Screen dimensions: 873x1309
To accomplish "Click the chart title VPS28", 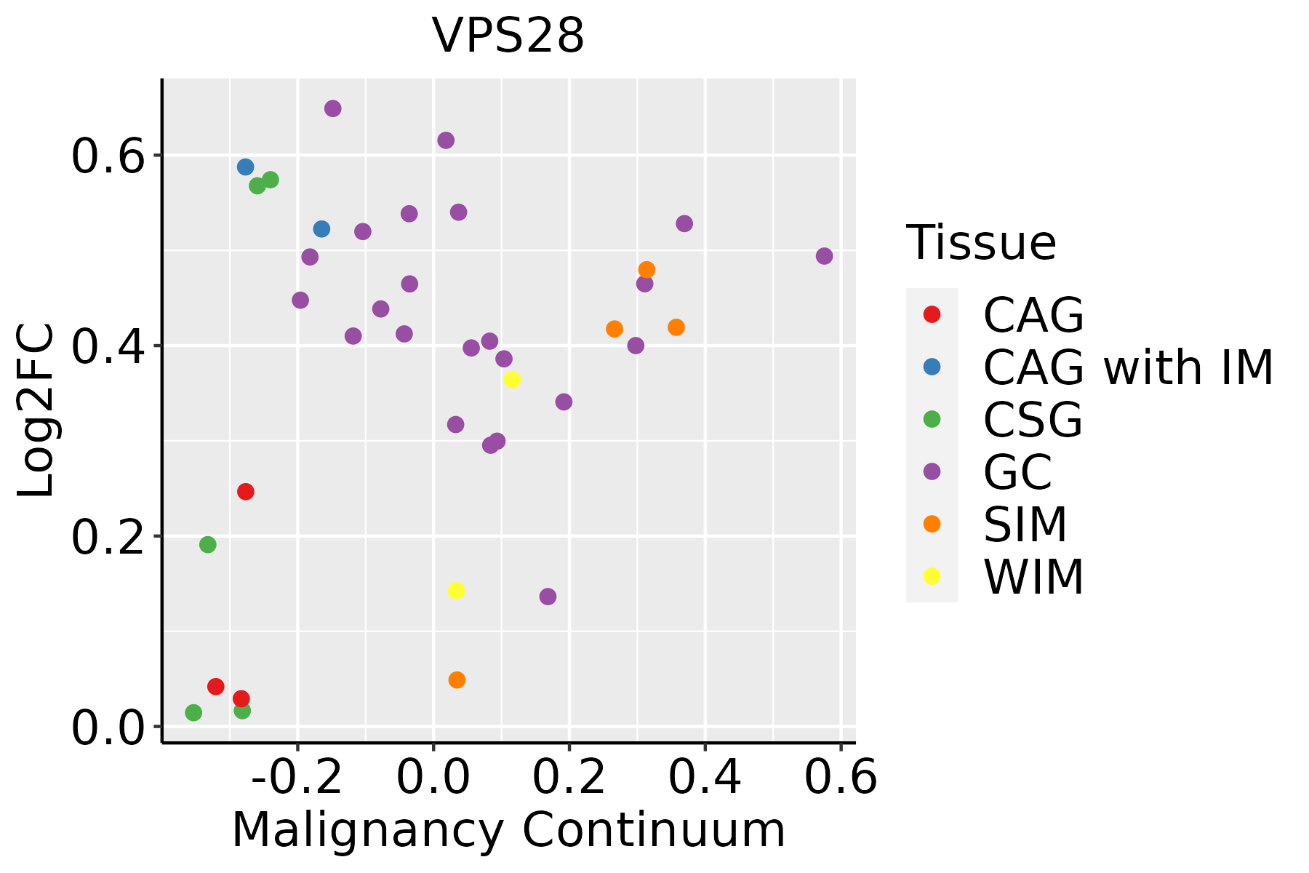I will pos(508,36).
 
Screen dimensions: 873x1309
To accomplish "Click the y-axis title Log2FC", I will pos(36,411).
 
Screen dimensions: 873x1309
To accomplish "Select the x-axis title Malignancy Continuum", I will pos(508,831).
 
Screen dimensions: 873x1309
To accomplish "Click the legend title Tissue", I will pos(981,243).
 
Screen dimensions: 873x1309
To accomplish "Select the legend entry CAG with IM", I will pos(1128,367).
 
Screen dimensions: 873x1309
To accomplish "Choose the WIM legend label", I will pos(1033,577).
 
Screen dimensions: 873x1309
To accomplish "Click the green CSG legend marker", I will pos(931,419).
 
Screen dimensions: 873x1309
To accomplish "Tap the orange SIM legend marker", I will pos(931,524).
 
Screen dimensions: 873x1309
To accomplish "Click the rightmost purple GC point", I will pos(824,256).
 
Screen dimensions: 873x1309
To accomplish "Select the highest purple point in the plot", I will pos(333,109).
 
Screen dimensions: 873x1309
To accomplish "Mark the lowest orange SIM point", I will pos(457,680).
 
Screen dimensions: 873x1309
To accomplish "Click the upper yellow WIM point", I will pos(512,380).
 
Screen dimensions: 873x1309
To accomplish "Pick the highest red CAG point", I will pos(246,492).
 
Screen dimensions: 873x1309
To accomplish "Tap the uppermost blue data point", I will pos(246,167).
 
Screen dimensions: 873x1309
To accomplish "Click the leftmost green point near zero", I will pos(193,713).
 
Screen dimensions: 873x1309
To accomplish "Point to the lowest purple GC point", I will pos(548,597).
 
